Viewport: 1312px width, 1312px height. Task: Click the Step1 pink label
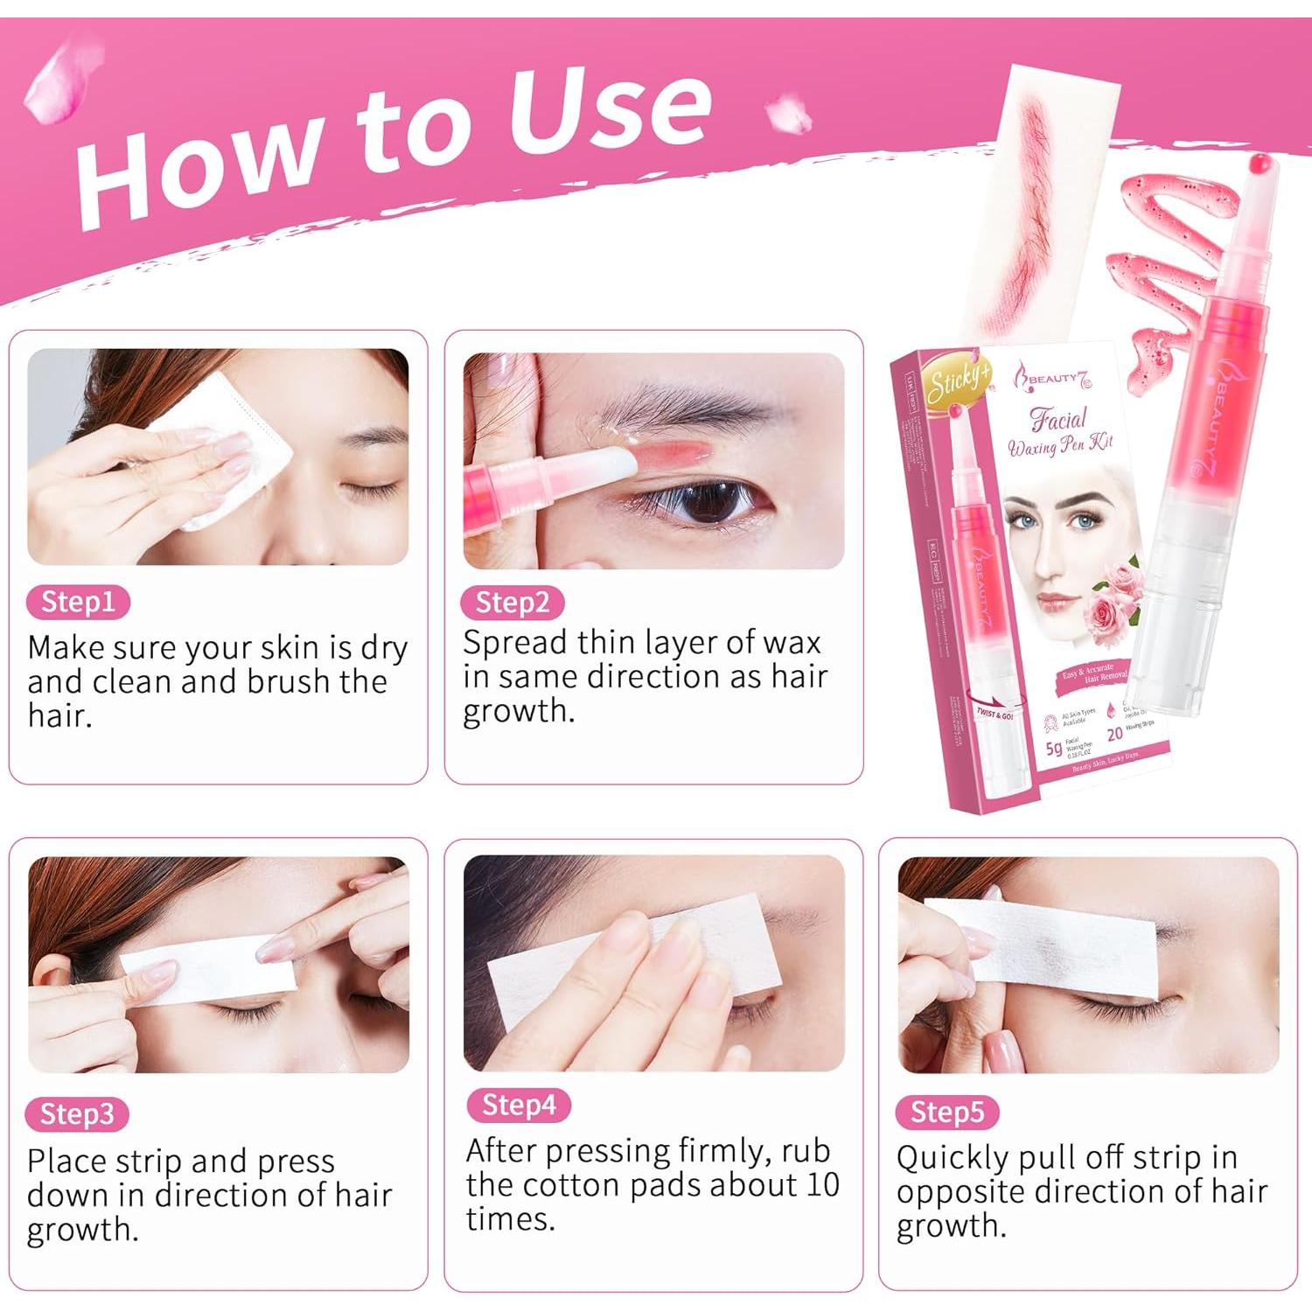pyautogui.click(x=79, y=603)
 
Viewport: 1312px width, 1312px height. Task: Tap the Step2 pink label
pyautogui.click(x=513, y=603)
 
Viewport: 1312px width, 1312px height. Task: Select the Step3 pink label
pyautogui.click(x=78, y=1114)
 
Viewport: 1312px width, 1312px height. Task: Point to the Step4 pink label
pyautogui.click(x=519, y=1106)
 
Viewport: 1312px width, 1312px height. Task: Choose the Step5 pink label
pyautogui.click(x=947, y=1113)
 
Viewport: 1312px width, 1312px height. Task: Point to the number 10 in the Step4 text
pyautogui.click(x=822, y=1185)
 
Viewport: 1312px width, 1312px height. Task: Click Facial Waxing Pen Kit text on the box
pyautogui.click(x=1060, y=433)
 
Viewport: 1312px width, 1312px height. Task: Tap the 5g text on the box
pyautogui.click(x=1054, y=748)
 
